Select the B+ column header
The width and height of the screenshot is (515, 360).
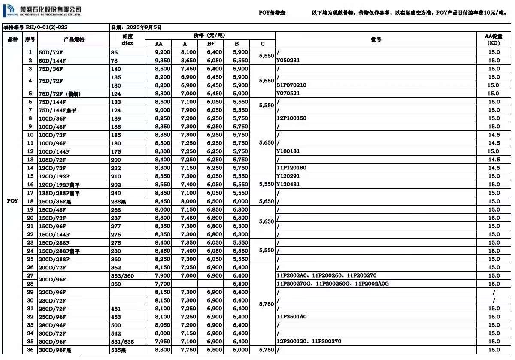(211, 44)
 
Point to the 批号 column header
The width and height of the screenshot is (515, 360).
(376, 39)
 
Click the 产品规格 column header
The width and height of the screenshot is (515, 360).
(73, 39)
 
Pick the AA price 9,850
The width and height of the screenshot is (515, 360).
(163, 61)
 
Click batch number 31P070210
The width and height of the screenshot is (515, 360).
(291, 85)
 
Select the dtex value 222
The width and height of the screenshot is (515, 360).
(116, 168)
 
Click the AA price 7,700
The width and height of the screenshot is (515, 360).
(163, 284)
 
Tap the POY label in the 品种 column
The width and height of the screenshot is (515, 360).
(13, 201)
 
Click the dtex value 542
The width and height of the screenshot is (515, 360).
(116, 333)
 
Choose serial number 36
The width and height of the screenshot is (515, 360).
(30, 350)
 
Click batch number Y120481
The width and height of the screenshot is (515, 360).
(288, 185)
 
